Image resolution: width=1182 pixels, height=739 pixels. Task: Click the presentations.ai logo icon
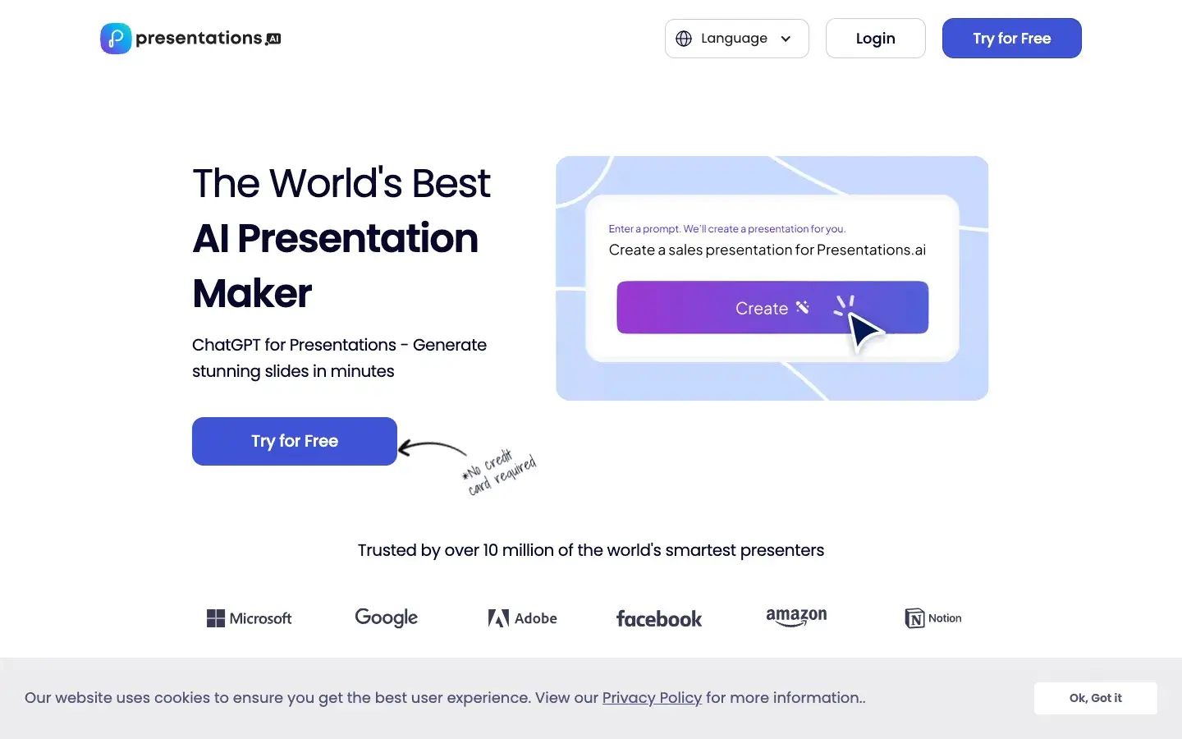[x=116, y=39]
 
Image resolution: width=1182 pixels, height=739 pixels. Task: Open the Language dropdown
[x=736, y=39]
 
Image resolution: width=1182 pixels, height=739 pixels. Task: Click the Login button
[x=875, y=39]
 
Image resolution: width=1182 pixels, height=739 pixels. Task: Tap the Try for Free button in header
[x=1011, y=39]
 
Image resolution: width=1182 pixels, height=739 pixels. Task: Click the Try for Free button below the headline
[x=294, y=441]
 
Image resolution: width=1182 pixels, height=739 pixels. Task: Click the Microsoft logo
[x=250, y=618]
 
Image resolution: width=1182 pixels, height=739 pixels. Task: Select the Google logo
[x=386, y=617]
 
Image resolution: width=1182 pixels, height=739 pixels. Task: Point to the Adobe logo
[x=522, y=618]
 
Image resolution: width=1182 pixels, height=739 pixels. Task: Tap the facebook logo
[x=658, y=619]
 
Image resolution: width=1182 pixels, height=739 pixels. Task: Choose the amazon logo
[x=796, y=617]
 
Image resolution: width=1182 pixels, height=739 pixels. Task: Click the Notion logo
[x=932, y=618]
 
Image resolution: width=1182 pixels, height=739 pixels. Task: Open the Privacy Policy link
[x=652, y=698]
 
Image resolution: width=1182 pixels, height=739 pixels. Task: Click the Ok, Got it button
[x=1095, y=698]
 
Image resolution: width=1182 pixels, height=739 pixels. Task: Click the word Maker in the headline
[x=252, y=293]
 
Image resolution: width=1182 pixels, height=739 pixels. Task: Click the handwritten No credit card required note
[x=500, y=473]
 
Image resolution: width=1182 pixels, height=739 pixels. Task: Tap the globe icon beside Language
[x=684, y=39]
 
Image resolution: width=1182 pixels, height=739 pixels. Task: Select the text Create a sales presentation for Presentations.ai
[x=767, y=250]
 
